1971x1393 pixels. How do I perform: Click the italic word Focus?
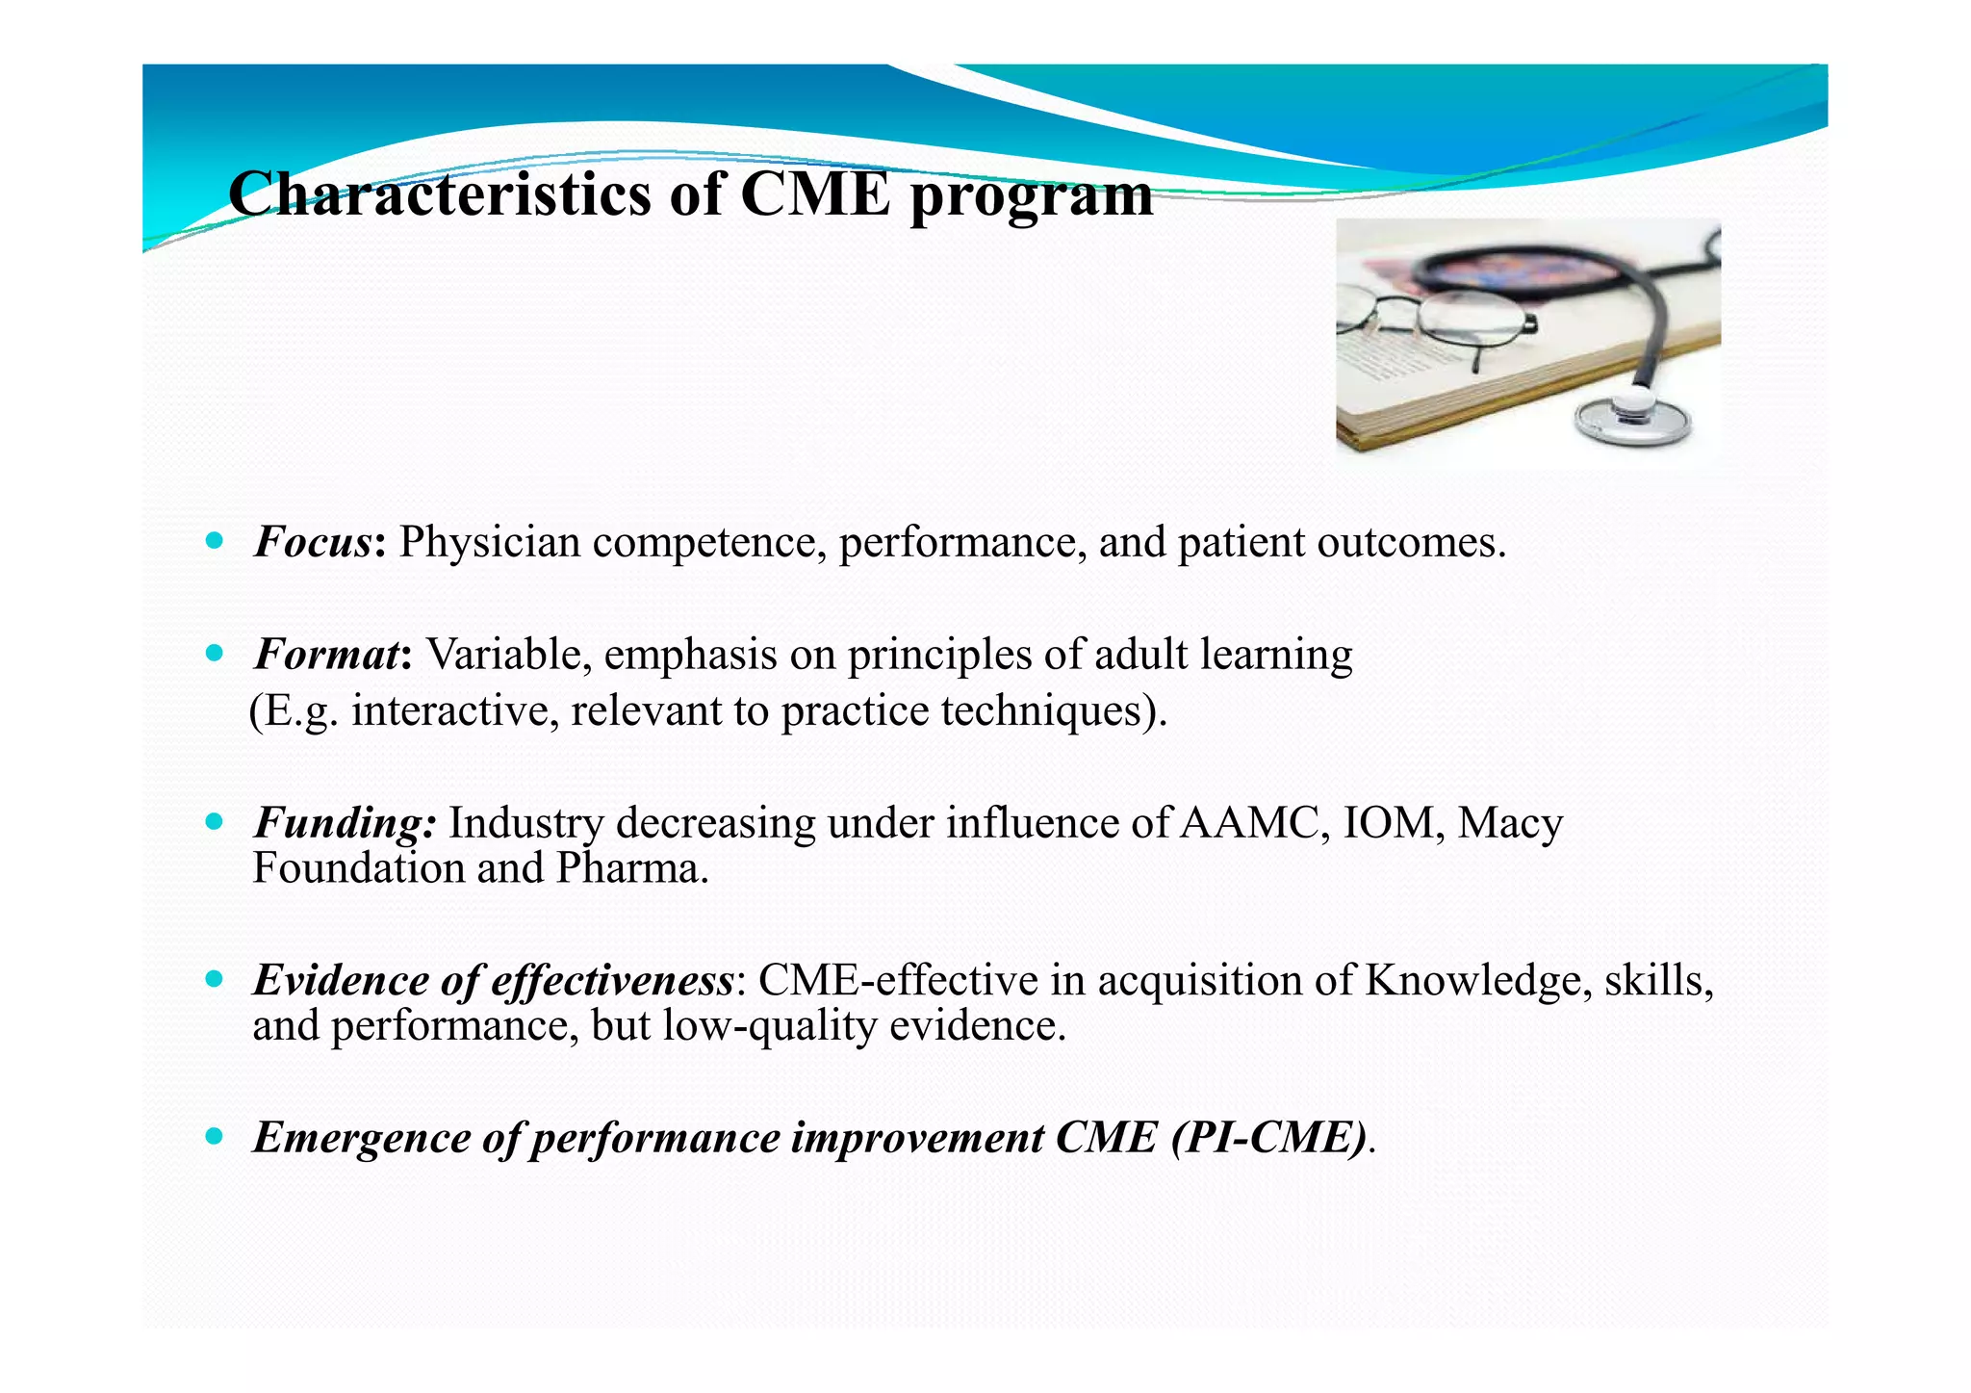pyautogui.click(x=313, y=543)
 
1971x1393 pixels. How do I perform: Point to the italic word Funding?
pyautogui.click(x=343, y=824)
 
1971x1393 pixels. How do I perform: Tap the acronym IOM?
pyautogui.click(x=1386, y=824)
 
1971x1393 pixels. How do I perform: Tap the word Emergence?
pyautogui.click(x=361, y=1139)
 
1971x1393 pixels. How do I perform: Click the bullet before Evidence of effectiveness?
pyautogui.click(x=215, y=980)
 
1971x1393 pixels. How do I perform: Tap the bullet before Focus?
pyautogui.click(x=215, y=541)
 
